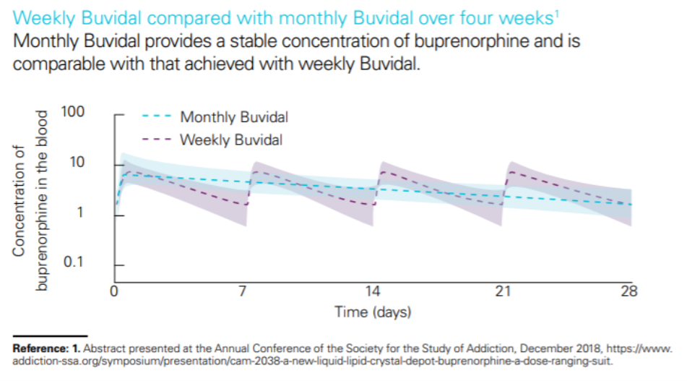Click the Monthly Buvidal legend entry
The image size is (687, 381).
pos(233,117)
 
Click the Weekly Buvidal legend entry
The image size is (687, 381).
pos(230,140)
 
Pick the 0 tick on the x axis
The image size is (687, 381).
pos(114,292)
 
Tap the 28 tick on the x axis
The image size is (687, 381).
pos(630,292)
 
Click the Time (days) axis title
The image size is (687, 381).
pos(373,313)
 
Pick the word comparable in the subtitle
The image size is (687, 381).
pos(51,64)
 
